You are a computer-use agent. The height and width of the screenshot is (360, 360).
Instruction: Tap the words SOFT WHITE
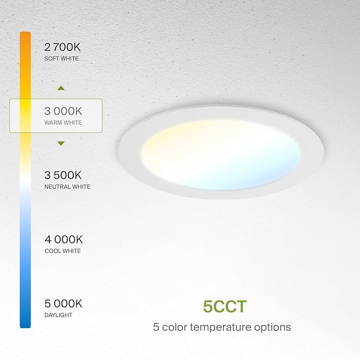[62, 58]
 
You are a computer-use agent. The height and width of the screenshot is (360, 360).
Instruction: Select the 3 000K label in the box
[64, 111]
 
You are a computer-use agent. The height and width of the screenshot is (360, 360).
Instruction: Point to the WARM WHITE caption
[64, 123]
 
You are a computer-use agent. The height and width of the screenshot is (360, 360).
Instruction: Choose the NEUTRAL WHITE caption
[67, 187]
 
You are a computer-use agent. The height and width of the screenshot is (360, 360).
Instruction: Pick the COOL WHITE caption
[63, 251]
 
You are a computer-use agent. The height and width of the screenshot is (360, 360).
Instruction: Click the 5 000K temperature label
[64, 304]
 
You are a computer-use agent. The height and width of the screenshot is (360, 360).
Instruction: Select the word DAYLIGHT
[58, 315]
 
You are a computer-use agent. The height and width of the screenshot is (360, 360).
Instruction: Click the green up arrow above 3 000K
[61, 88]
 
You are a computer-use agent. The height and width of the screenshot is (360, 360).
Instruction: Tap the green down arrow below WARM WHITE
[61, 143]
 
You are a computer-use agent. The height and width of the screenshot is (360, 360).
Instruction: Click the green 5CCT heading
[225, 307]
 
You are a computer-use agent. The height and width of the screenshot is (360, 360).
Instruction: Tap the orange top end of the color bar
[25, 36]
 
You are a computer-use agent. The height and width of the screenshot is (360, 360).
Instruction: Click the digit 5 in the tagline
[156, 327]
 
